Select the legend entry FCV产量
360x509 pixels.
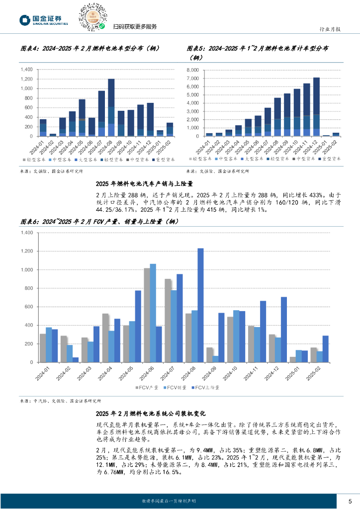148,387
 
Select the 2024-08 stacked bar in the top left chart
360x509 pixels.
111,107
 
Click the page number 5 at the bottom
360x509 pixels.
350,501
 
